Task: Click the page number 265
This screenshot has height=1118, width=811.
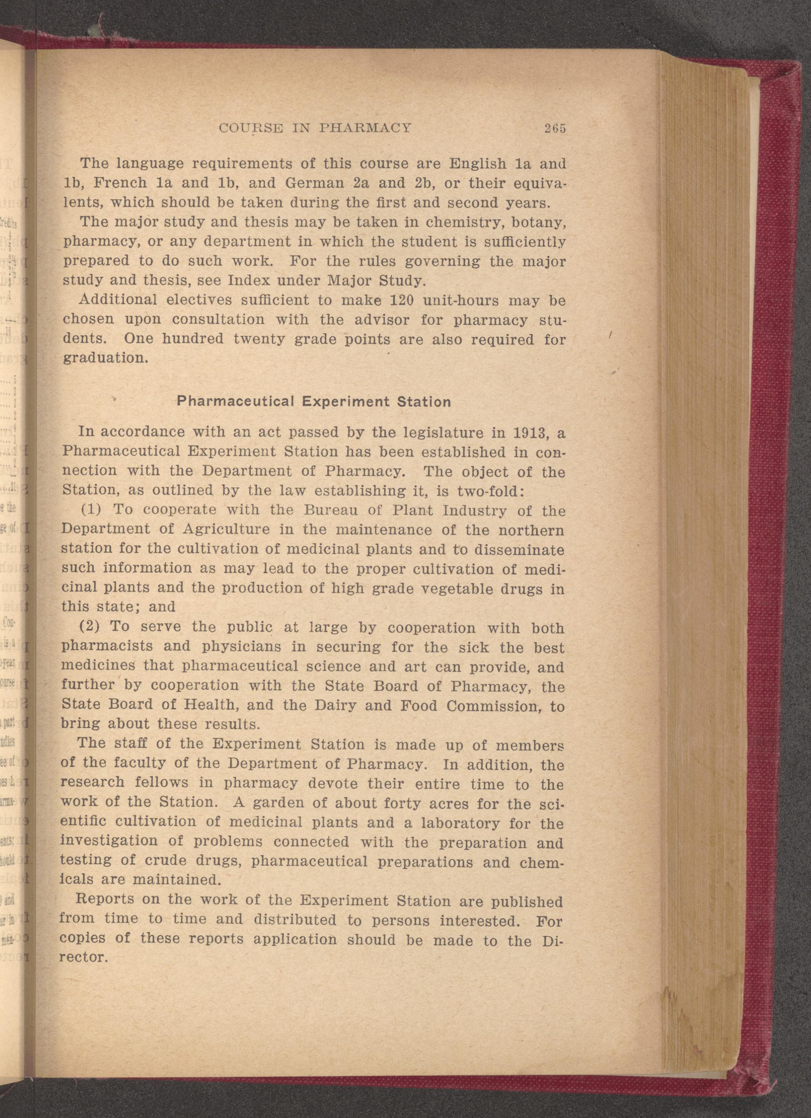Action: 555,129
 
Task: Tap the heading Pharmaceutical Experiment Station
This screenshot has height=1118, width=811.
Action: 314,402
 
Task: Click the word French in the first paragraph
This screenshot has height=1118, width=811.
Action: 120,183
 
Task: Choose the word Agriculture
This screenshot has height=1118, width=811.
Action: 226,530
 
